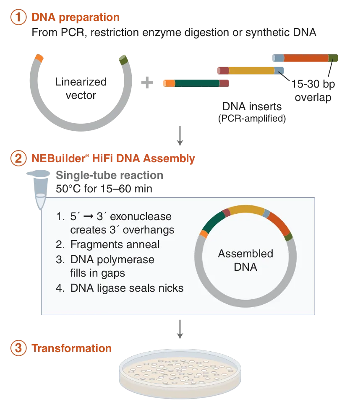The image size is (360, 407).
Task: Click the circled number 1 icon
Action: [18, 17]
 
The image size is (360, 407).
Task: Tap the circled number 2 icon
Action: [18, 158]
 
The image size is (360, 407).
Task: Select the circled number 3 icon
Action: [18, 348]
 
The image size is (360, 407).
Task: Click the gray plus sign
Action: [147, 83]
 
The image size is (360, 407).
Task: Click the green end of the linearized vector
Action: [123, 60]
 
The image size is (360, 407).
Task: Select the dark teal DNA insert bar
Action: [197, 83]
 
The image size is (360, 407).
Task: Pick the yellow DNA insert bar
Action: [251, 70]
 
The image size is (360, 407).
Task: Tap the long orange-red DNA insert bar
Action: [306, 58]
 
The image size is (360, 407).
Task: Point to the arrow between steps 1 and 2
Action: [180, 136]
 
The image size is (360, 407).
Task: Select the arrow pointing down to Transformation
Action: [180, 329]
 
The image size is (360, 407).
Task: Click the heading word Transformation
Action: [71, 348]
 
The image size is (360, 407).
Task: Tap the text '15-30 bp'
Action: [313, 84]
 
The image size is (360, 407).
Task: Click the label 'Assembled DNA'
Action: [245, 260]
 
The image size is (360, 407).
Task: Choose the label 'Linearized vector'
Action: [81, 88]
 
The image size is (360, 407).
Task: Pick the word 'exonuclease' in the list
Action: [141, 216]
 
